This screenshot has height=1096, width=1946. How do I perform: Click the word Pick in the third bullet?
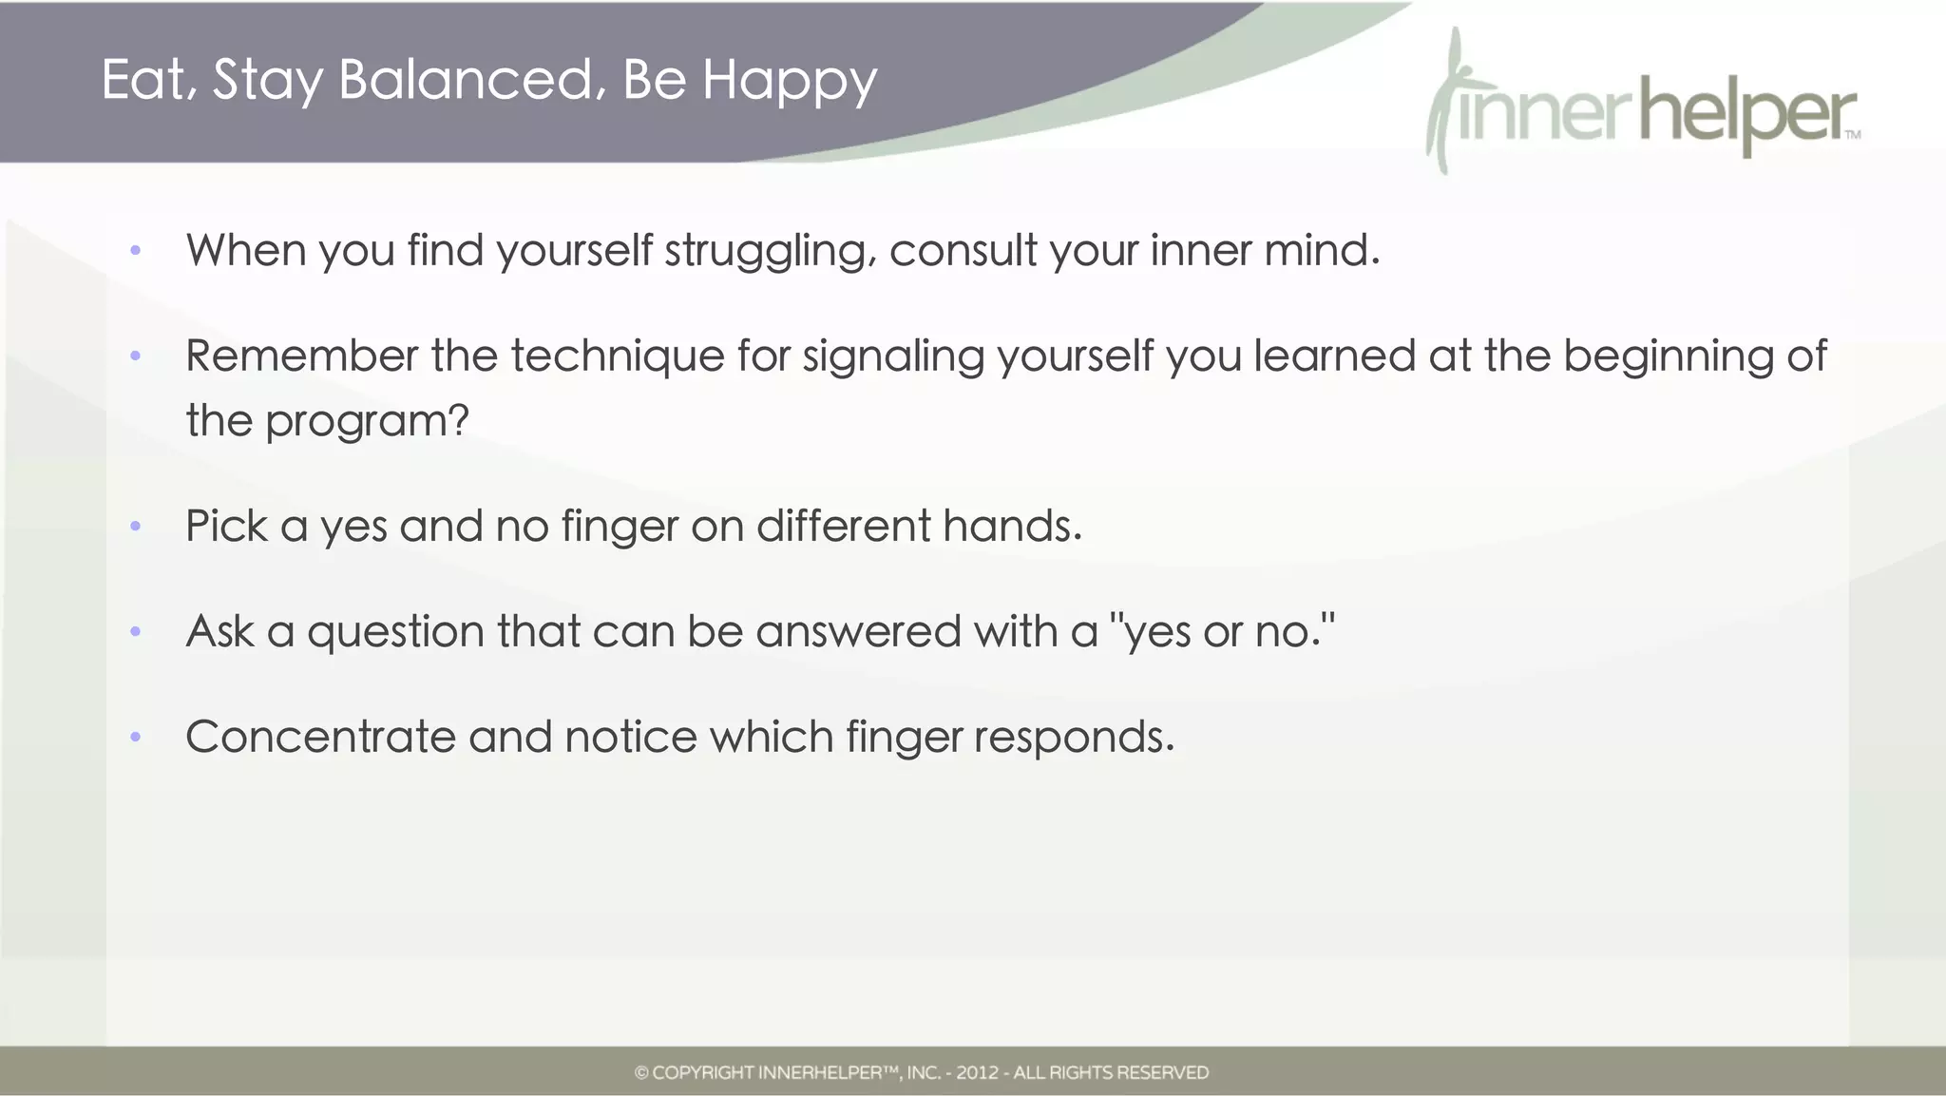click(x=226, y=526)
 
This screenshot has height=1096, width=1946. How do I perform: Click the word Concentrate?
click(x=320, y=737)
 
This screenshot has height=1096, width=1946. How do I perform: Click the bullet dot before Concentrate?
click(x=136, y=737)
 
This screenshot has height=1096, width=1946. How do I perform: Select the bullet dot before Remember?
click(x=136, y=356)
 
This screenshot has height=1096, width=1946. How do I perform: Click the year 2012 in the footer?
click(x=977, y=1073)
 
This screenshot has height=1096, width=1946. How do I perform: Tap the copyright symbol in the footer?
click(x=641, y=1073)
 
